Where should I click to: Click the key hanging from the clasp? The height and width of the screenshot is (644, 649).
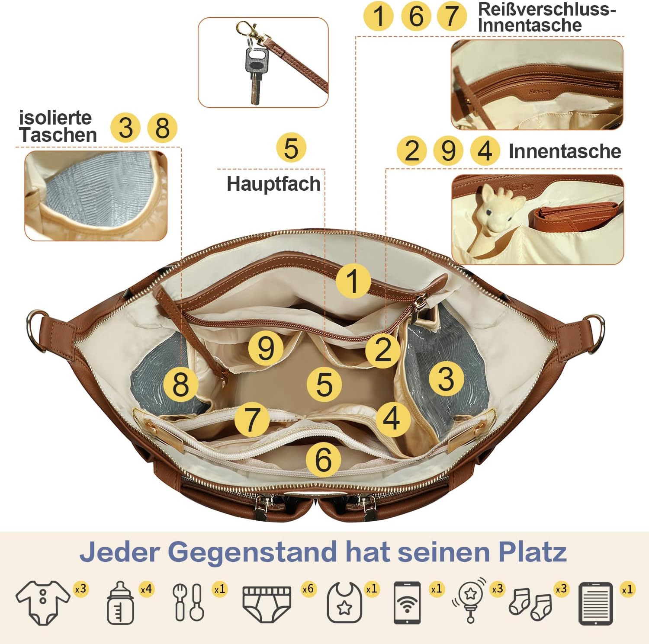(255, 74)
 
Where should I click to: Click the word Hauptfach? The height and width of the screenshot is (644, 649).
(273, 184)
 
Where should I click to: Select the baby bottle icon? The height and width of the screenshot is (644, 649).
(120, 603)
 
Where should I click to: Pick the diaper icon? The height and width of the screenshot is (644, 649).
(267, 604)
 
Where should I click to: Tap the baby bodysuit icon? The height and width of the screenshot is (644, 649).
(42, 602)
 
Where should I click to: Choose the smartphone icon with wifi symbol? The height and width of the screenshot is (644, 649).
(407, 603)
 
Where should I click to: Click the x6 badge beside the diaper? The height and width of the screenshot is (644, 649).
(308, 589)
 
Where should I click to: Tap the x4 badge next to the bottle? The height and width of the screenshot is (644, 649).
(146, 589)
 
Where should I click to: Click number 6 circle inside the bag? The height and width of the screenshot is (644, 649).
(323, 459)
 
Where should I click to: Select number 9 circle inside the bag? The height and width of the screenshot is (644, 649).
(266, 348)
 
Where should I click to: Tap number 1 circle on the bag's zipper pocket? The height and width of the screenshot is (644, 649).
(353, 281)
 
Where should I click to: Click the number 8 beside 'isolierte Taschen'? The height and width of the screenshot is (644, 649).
(162, 128)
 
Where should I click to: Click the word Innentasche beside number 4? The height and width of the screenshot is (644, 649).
(565, 151)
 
